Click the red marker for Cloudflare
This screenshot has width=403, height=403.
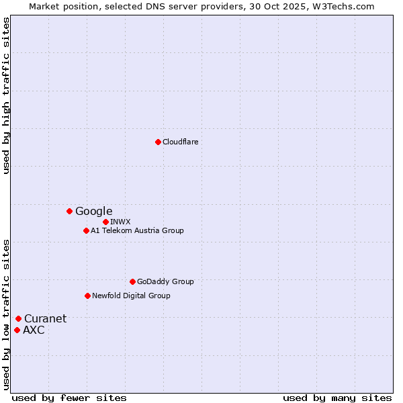(x=158, y=142)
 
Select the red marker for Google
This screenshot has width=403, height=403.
(x=69, y=211)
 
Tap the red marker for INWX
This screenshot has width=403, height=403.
(x=105, y=222)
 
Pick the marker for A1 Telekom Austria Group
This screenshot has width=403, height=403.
(x=86, y=230)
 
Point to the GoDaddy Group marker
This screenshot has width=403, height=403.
(x=132, y=281)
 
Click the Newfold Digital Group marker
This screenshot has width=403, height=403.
(x=87, y=296)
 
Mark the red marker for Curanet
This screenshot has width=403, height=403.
(x=18, y=318)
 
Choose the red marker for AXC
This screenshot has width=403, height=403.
(x=17, y=330)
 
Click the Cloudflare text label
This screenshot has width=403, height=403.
(x=180, y=142)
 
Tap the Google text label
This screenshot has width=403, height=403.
(x=93, y=211)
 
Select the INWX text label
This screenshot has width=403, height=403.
(x=120, y=222)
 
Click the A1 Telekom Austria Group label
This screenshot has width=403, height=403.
(x=137, y=230)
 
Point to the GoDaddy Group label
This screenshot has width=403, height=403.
(x=165, y=281)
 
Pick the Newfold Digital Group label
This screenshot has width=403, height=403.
(x=131, y=296)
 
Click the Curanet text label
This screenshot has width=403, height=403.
(x=45, y=318)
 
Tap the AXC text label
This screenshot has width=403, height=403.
(x=34, y=330)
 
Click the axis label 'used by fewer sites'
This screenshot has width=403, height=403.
(x=69, y=398)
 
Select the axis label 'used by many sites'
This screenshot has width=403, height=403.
(x=337, y=398)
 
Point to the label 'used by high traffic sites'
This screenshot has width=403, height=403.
(x=7, y=95)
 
